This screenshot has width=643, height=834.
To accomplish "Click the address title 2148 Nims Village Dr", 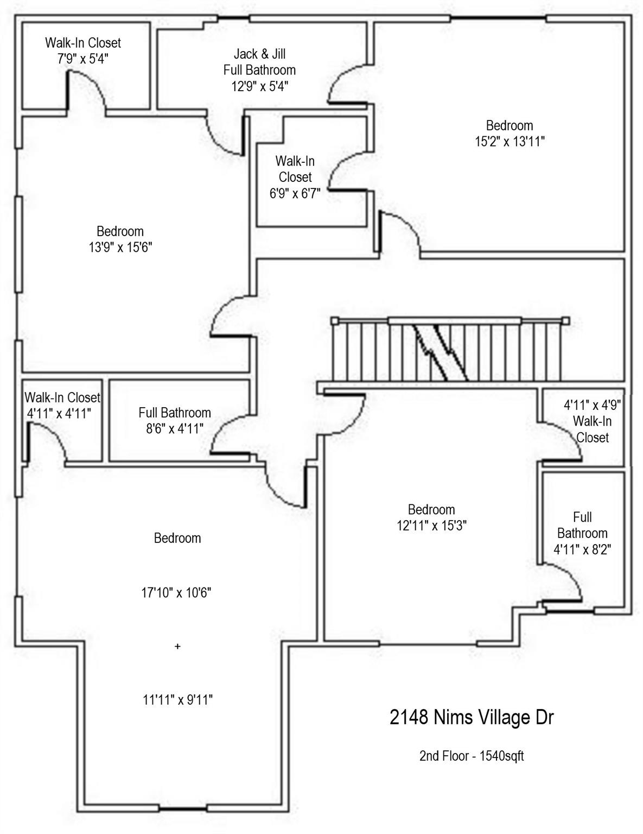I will (x=472, y=718).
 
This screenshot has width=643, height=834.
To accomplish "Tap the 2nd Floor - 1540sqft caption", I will (x=471, y=756).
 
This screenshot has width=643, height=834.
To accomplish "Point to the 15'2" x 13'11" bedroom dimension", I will (x=509, y=142).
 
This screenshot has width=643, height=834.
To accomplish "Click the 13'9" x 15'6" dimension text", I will (x=120, y=248).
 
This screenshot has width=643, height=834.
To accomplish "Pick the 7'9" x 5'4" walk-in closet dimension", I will (x=83, y=59).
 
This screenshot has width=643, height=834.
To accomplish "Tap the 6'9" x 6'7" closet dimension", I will (x=295, y=193).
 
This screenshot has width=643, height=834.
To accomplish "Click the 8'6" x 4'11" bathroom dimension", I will (x=174, y=429).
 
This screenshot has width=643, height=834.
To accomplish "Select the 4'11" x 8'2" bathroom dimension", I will (x=582, y=549).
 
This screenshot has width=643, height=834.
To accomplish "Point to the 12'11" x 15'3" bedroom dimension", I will (x=431, y=526).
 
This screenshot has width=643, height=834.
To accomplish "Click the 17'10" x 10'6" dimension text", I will (x=176, y=592).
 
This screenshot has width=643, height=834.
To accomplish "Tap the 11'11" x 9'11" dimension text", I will (x=177, y=700).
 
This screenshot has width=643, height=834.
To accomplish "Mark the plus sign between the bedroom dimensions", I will (x=177, y=647).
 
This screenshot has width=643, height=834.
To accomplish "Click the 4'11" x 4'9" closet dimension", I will (x=592, y=405).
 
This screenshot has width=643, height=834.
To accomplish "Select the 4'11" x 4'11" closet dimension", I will (x=59, y=413).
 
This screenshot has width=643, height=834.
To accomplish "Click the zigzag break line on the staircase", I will (x=441, y=352).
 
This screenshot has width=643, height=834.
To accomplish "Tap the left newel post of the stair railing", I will (x=335, y=320).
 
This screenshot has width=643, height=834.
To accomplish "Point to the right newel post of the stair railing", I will (x=566, y=320).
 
